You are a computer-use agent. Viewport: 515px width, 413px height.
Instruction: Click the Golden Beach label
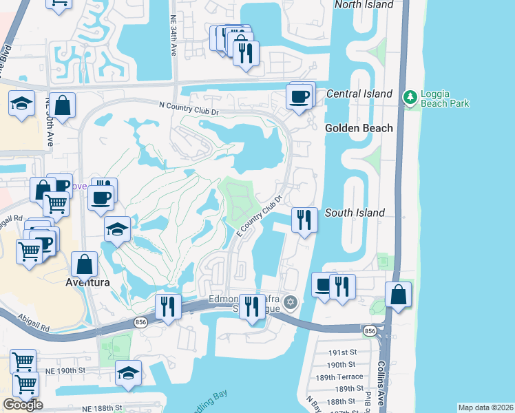[x=359, y=128]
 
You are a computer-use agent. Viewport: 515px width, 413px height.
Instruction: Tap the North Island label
[x=364, y=5]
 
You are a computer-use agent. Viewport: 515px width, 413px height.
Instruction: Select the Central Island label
[x=359, y=94]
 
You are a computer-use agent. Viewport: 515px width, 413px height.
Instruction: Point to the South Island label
[x=355, y=213]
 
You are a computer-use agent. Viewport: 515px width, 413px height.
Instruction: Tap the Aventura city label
[x=88, y=282]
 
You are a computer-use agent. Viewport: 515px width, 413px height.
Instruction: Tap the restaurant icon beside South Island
[x=304, y=220]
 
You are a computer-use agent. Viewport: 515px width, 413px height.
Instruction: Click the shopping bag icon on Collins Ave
[x=399, y=295]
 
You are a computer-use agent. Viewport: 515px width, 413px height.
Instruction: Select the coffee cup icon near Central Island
[x=299, y=97]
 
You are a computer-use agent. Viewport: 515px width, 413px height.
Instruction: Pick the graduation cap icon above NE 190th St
[x=128, y=373]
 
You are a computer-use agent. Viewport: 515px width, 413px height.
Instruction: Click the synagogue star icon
[x=291, y=302]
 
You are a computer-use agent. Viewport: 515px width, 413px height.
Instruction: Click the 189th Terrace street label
[x=346, y=377]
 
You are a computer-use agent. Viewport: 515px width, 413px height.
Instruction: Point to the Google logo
[x=23, y=405]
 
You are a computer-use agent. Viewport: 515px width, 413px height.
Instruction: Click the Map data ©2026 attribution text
[x=485, y=407]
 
